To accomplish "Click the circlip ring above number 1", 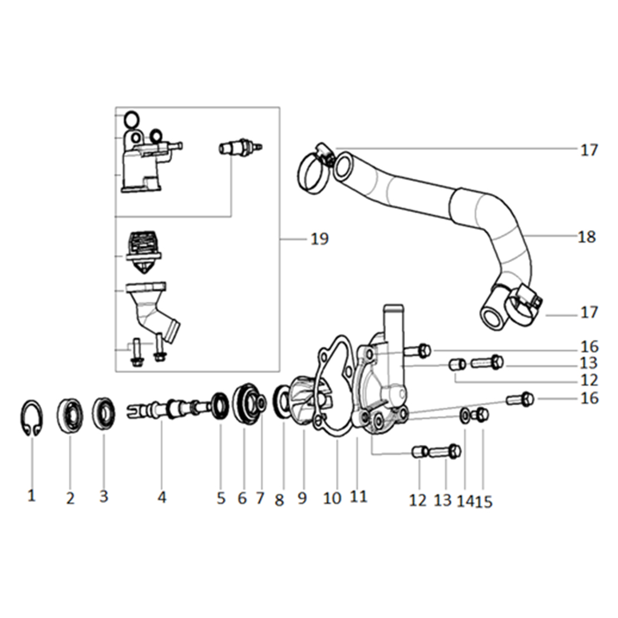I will point(31,420).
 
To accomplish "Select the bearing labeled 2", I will point(70,416).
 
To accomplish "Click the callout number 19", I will point(320,238).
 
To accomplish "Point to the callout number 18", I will point(587,236).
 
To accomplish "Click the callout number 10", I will point(332,498).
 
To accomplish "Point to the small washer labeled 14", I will point(465,414).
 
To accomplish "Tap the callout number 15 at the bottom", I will point(484,501).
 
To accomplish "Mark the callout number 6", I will point(242,498).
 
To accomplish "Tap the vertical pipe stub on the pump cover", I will point(391,323).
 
